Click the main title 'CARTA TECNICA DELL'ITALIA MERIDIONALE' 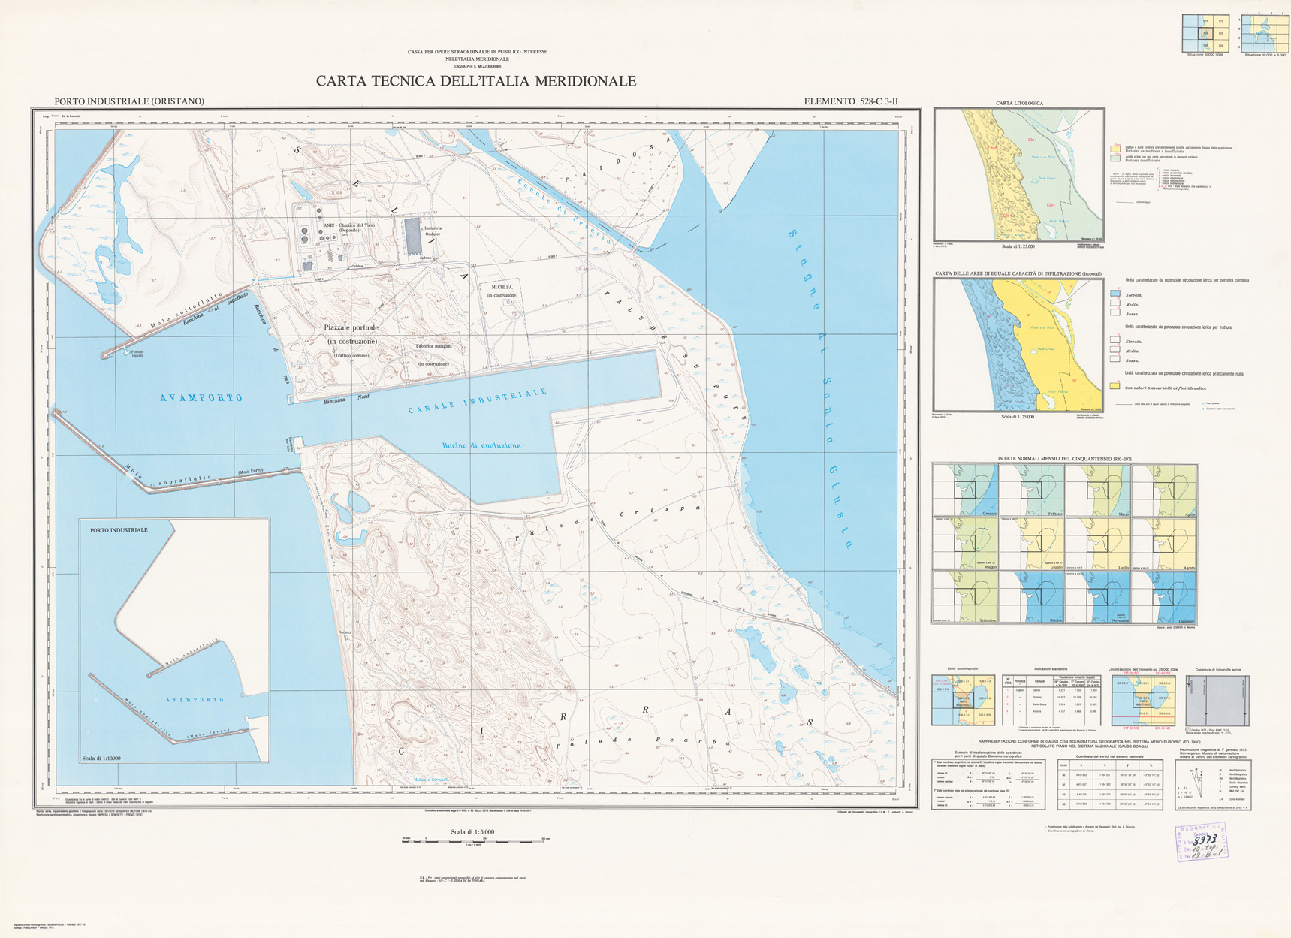[x=475, y=82]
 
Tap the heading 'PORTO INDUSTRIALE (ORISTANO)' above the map [x=129, y=101]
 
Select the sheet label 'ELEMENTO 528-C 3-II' [x=851, y=101]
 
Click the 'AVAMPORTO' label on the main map [x=201, y=398]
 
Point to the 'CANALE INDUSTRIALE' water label [x=478, y=401]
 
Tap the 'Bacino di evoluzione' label [x=481, y=445]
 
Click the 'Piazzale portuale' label [x=351, y=328]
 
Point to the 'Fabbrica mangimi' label [x=433, y=347]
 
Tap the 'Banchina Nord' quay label [x=346, y=400]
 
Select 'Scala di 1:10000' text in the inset [x=101, y=759]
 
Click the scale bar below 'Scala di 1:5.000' [x=472, y=840]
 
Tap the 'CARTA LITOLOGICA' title [x=1019, y=103]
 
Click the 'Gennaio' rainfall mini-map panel [x=965, y=490]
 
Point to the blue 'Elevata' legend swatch [x=1115, y=294]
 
